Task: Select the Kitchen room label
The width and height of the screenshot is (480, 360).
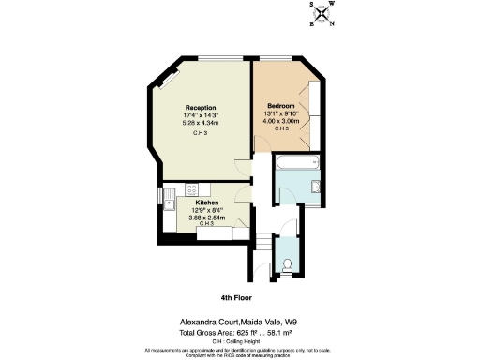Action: tap(207, 202)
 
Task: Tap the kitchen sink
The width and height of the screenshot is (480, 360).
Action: tap(169, 200)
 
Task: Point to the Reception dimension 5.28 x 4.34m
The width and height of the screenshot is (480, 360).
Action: tap(200, 122)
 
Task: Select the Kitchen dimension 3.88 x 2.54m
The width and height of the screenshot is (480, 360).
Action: tap(207, 217)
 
